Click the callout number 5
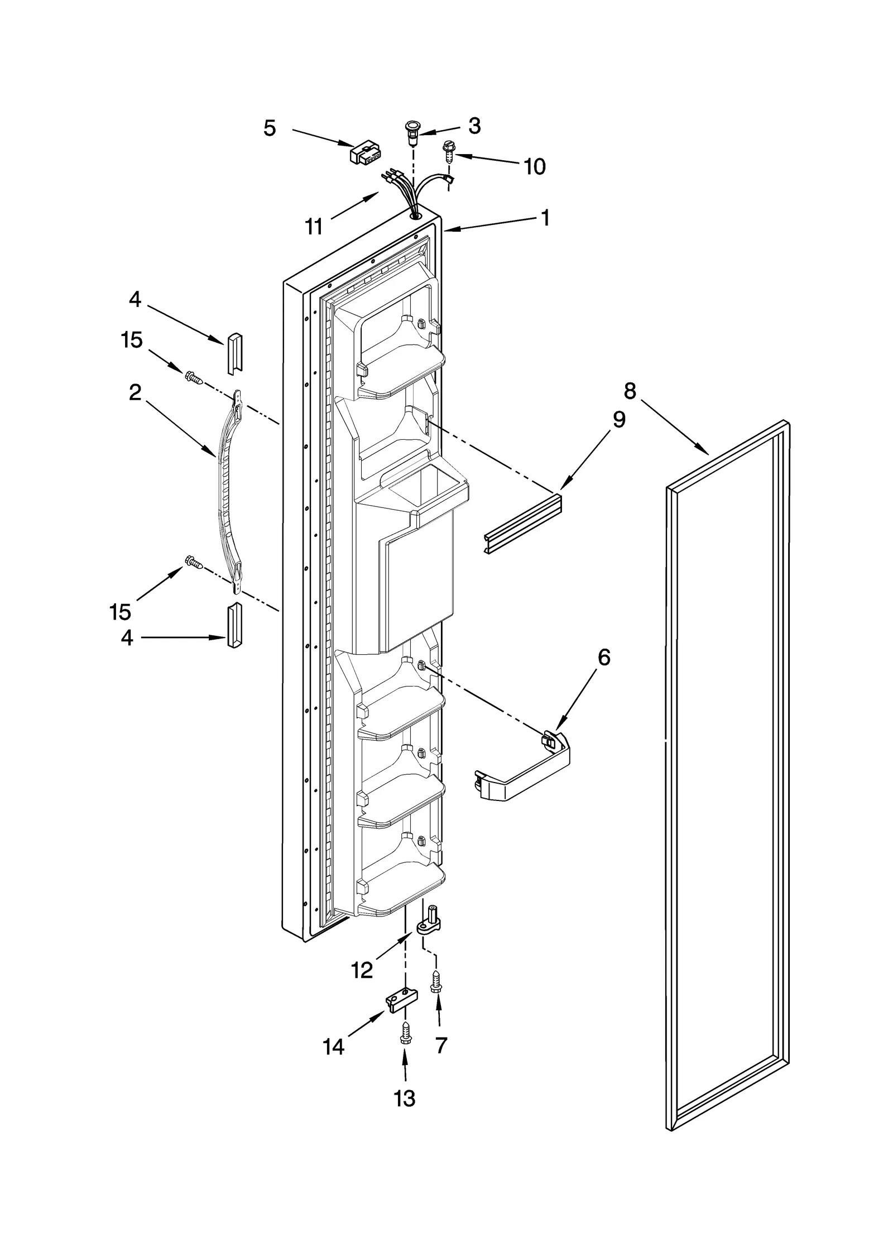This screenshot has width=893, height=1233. pyautogui.click(x=270, y=128)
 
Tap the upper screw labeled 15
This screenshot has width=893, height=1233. pyautogui.click(x=194, y=377)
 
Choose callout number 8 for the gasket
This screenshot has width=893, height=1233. pyautogui.click(x=630, y=391)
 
